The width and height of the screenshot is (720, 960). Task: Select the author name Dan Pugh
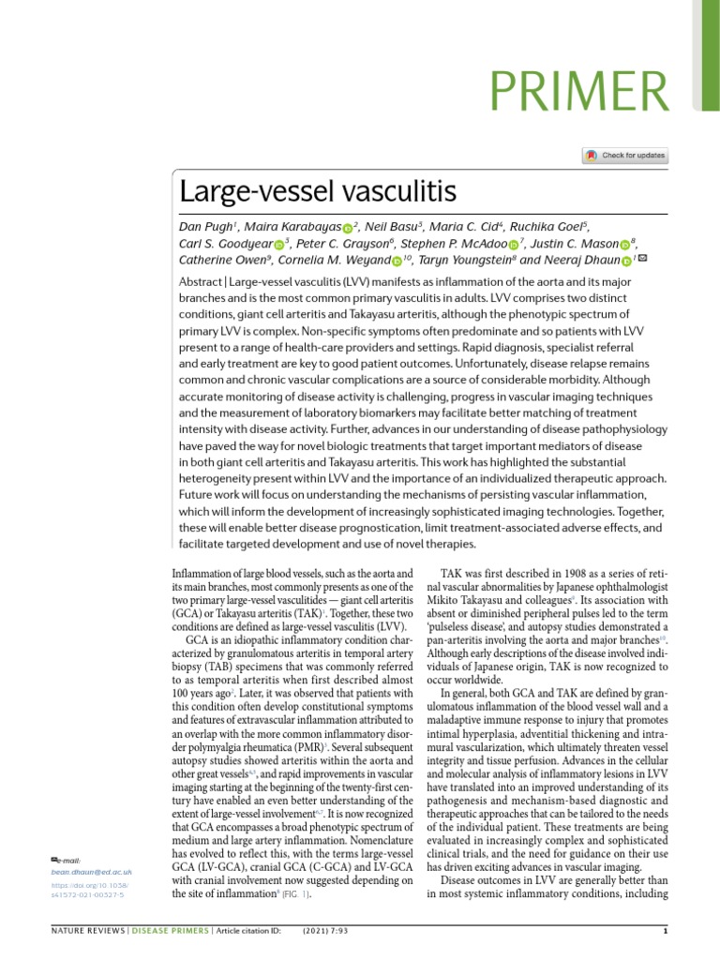pyautogui.click(x=207, y=228)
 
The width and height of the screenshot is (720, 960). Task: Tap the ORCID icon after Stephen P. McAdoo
pyautogui.click(x=513, y=246)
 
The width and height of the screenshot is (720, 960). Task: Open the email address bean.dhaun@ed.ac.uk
pyautogui.click(x=91, y=872)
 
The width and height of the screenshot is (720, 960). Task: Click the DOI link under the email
pyautogui.click(x=91, y=890)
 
